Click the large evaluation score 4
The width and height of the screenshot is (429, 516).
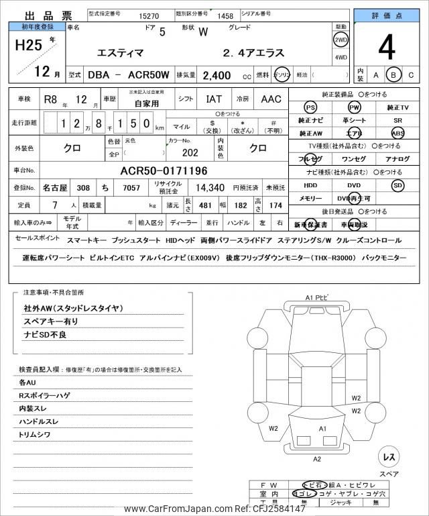[385, 48]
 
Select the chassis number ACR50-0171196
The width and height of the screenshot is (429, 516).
[164, 170]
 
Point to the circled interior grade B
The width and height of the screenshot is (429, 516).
[394, 74]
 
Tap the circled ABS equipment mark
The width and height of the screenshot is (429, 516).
[397, 134]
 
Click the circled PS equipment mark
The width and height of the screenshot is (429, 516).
[310, 108]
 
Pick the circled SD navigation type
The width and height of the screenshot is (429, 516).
[397, 185]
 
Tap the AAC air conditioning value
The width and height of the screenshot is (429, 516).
[271, 99]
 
